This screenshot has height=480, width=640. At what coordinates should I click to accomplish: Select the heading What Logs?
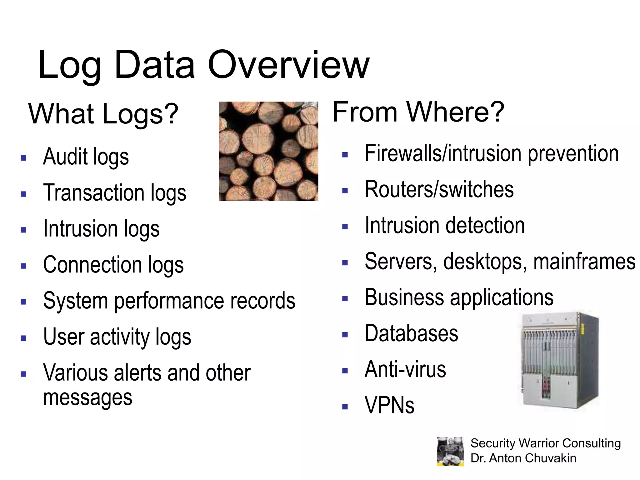103,114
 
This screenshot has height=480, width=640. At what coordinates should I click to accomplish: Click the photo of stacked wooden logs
268,151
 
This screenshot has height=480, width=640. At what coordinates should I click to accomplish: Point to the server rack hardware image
559,361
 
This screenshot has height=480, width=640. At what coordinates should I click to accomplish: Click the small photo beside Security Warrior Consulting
450,451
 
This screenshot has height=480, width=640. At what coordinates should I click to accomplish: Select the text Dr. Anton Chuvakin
523,458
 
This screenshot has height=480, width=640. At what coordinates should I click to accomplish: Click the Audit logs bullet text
86,157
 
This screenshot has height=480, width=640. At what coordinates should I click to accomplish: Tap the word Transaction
94,193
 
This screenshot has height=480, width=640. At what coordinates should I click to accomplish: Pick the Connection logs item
113,265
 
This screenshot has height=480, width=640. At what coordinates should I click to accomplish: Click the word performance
169,301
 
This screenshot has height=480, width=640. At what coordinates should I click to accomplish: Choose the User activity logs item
117,337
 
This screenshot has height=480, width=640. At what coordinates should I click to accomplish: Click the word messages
87,398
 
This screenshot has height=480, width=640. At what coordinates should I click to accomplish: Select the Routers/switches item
439,190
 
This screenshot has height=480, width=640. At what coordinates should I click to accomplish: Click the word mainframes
584,262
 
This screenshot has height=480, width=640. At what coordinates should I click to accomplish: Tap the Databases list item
411,334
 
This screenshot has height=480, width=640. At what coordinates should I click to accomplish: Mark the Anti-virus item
405,370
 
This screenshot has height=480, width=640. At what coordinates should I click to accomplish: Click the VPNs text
389,406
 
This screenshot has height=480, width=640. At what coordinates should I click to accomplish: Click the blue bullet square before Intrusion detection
345,227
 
